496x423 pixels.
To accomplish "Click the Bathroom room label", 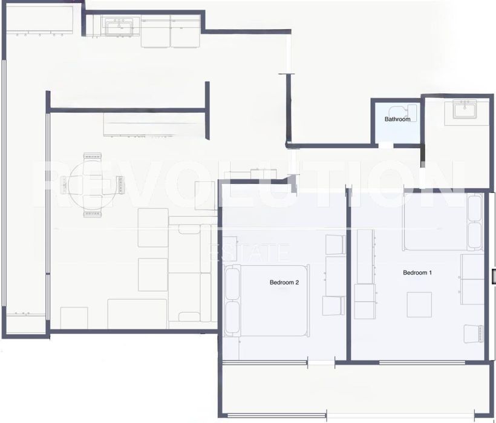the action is coord(397,119).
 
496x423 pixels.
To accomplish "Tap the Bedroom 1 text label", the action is coord(417,272).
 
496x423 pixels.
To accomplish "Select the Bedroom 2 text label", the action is coord(284,282).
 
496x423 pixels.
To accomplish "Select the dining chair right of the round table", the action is coord(119,185).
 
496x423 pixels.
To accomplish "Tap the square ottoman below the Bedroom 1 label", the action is coord(419,304).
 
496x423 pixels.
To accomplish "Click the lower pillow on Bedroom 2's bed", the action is coord(232,317).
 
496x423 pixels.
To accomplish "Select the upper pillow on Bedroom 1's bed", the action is coord(474,209).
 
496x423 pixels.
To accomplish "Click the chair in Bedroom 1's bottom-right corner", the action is coord(474,333).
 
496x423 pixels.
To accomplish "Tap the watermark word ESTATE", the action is coord(249,252).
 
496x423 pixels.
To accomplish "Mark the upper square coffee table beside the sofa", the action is coord(153,228).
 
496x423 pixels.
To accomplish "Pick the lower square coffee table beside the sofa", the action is coord(153,275).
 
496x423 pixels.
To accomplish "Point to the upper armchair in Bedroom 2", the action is coord(335,244).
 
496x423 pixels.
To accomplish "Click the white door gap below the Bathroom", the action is coord(386,145).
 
